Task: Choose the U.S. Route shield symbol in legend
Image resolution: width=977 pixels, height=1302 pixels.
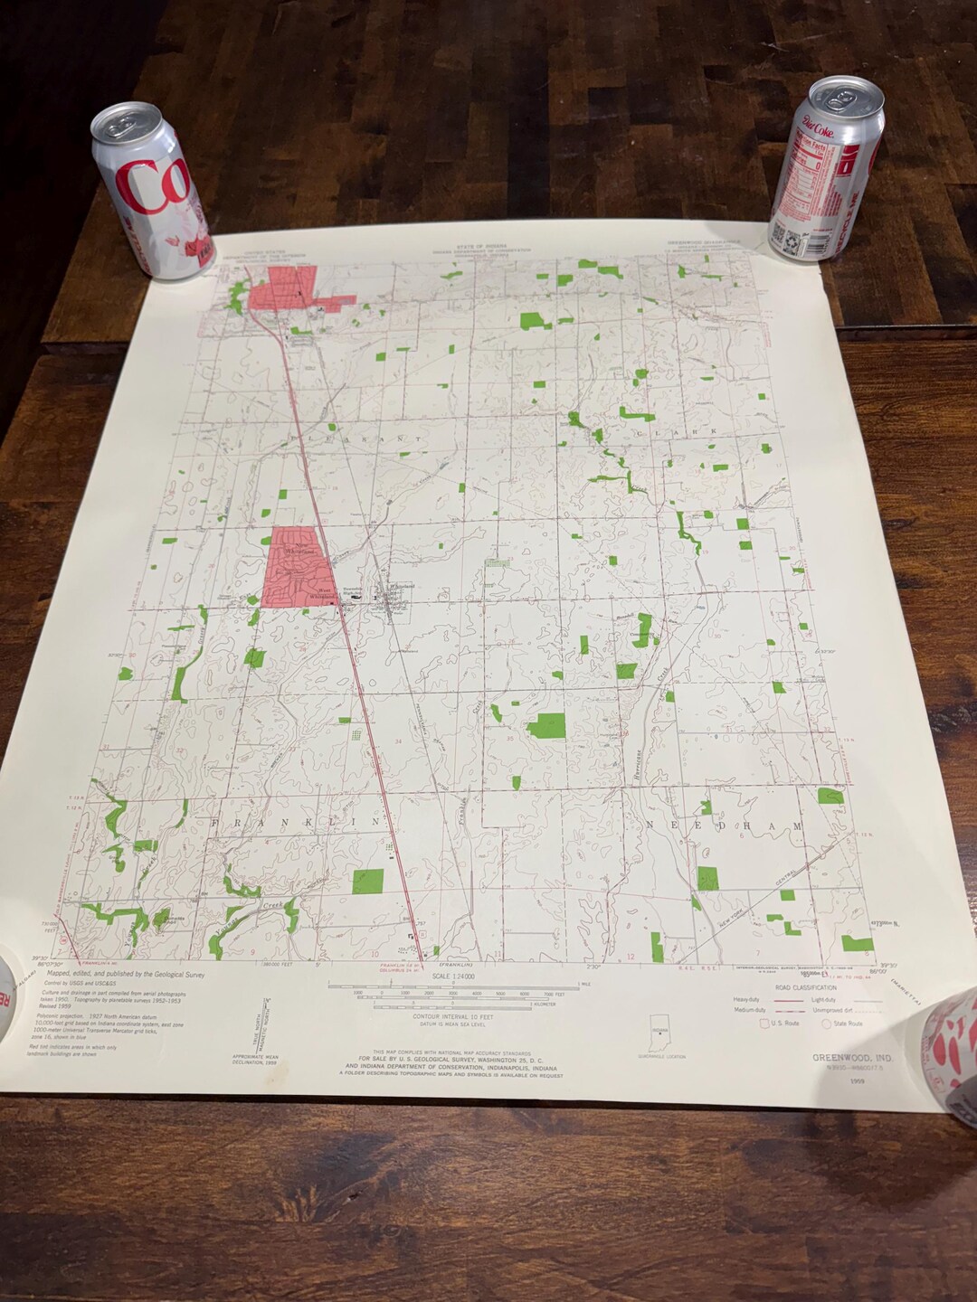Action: pyautogui.click(x=765, y=1024)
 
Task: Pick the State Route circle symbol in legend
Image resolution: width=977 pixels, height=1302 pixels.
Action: pyautogui.click(x=825, y=1024)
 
